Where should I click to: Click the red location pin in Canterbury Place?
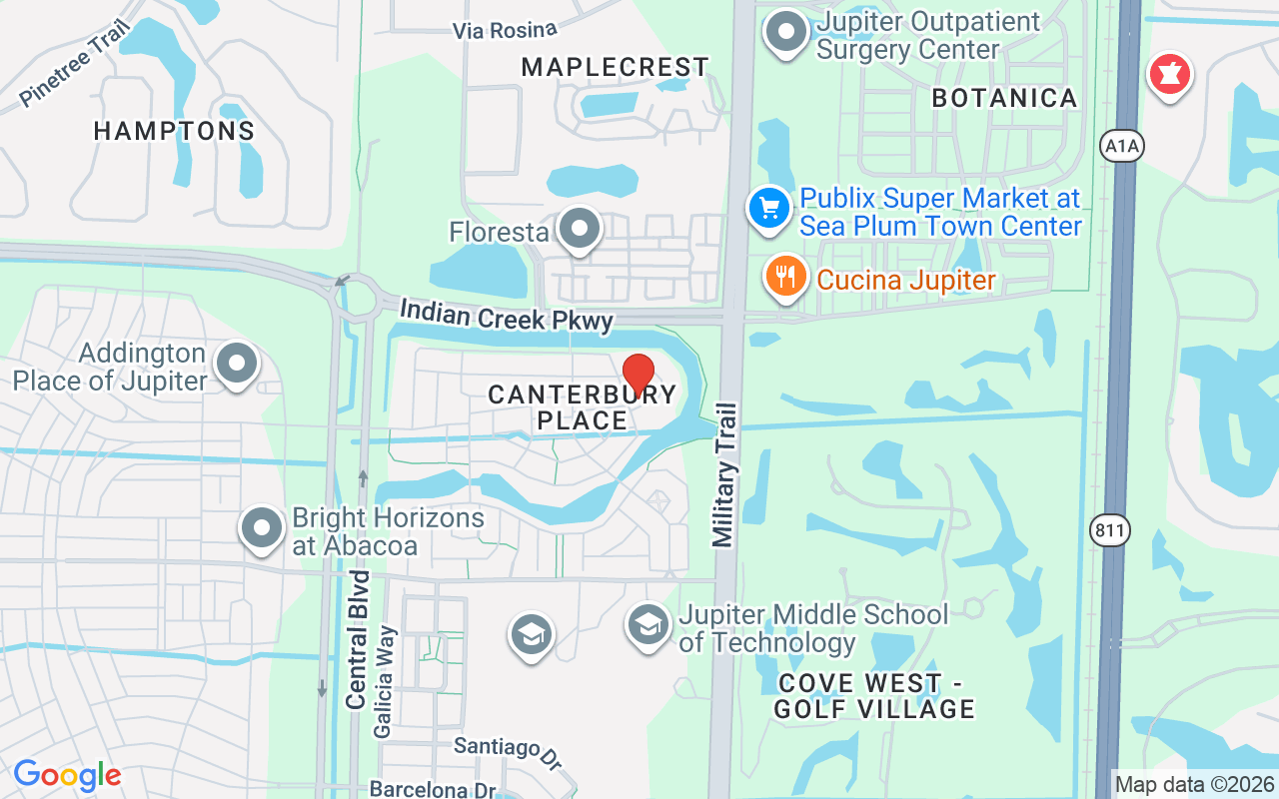coord(639,375)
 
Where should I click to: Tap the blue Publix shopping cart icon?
coord(768,210)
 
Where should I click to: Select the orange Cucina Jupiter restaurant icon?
coord(786,277)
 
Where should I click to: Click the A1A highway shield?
coord(1121,147)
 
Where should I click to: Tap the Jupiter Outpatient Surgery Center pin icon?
coord(785,32)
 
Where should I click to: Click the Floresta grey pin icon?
coord(579,230)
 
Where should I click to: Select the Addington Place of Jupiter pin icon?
coord(237,365)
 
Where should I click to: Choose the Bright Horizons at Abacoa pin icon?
coord(262,529)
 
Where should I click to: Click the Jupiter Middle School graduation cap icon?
coord(648,625)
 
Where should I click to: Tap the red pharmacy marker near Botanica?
coord(1168,74)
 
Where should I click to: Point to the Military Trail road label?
coord(725,474)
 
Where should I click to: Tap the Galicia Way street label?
coord(385,682)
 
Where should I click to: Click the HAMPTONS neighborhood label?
coord(175,131)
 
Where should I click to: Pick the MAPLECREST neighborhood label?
coord(616,67)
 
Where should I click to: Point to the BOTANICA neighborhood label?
coord(1004,98)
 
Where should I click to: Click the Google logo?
coord(67,775)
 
